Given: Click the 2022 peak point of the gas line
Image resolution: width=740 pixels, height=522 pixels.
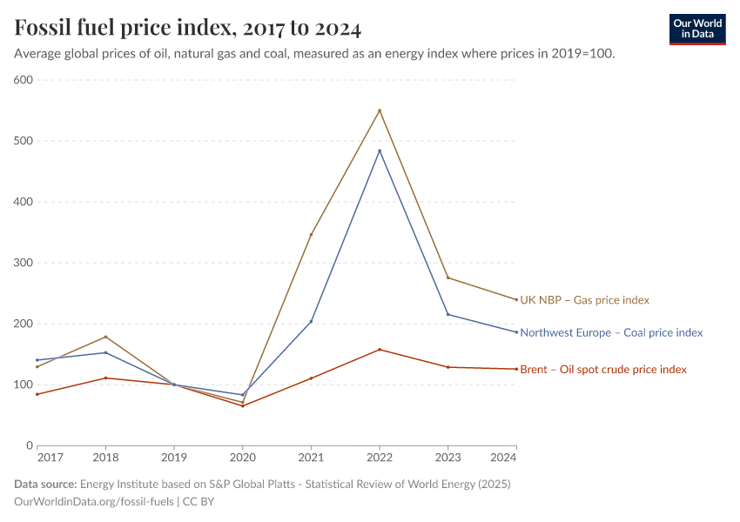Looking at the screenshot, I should coord(380,110).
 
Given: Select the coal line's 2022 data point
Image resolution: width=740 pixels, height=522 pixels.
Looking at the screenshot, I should coord(380,151).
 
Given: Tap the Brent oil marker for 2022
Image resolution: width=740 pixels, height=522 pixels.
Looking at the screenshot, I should coord(380,350).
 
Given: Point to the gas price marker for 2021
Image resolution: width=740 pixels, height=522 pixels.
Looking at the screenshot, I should coord(311,235).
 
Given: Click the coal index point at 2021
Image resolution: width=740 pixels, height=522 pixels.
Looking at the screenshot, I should coord(311,321).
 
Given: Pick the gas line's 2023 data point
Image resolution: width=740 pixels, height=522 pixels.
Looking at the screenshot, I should coord(447,278).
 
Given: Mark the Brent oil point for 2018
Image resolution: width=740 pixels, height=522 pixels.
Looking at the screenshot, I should coord(105,378).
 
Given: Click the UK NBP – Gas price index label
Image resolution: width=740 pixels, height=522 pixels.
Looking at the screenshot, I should coord(584,300).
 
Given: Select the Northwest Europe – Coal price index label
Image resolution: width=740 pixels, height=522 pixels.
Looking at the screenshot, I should coord(611,332).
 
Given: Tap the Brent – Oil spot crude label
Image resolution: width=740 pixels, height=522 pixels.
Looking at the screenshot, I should coord(603,370).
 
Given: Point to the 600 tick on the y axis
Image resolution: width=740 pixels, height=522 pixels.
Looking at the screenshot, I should coord(23,80).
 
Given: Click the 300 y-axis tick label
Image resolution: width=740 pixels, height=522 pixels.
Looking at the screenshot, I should coord(23,263).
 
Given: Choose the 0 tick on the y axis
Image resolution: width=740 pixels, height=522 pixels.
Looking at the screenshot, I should coord(29,445).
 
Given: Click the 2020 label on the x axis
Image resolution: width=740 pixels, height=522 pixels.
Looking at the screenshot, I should coord(242,457).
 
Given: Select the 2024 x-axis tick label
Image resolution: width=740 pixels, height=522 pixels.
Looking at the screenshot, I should coord(504,457).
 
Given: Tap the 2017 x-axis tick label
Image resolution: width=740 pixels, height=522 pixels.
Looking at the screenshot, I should coord(50,457).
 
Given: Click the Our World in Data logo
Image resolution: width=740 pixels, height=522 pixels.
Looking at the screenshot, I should coord(697,29).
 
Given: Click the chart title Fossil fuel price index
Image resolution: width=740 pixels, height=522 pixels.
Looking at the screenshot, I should coord(187,28).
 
